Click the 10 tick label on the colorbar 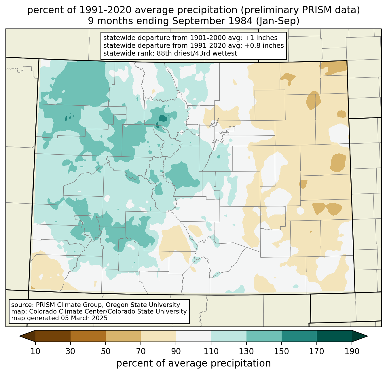click(x=35, y=351)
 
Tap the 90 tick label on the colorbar click(x=176, y=351)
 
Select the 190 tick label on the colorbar click(x=352, y=351)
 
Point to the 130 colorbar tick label click(x=246, y=351)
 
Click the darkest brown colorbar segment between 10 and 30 click(x=53, y=336)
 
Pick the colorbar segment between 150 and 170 click(x=299, y=336)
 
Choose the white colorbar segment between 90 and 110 click(x=193, y=336)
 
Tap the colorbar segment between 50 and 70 click(x=123, y=336)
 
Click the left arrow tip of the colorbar click(x=20, y=336)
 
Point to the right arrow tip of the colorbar click(x=367, y=336)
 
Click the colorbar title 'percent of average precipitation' click(x=193, y=363)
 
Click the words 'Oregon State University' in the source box click(x=143, y=305)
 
